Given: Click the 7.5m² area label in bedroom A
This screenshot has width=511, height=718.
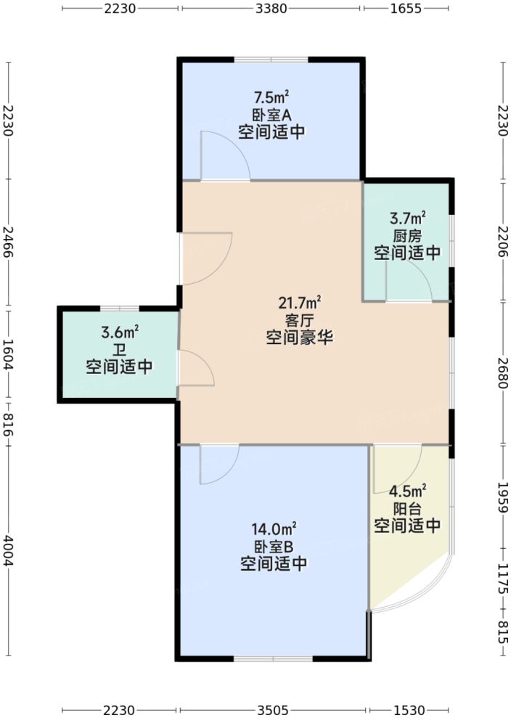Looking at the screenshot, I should coord(271,97).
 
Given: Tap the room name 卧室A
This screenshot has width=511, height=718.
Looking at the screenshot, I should coord(271,114).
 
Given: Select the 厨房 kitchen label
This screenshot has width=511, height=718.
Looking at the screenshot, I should coord(407,235).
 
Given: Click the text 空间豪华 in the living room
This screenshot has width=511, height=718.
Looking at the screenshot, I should coord(299,338).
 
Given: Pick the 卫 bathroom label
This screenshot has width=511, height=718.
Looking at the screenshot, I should coord(120,350).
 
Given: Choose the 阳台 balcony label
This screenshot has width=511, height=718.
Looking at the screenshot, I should coord(407,508).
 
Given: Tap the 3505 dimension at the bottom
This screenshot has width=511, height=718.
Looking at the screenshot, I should coord(273,709).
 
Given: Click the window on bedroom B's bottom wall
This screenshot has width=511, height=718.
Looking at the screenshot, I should coord(273,658).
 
